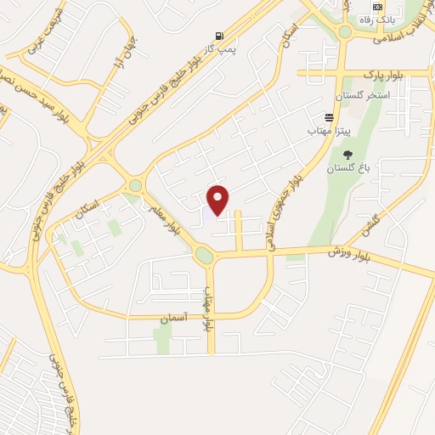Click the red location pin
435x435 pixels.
point(218,198)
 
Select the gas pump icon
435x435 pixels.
point(221,36)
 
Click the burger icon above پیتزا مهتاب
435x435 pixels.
point(329,117)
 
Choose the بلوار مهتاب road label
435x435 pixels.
point(206,308)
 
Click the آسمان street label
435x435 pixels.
point(173,318)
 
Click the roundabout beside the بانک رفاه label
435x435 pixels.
point(344,33)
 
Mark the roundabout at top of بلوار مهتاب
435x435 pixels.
point(204,254)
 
